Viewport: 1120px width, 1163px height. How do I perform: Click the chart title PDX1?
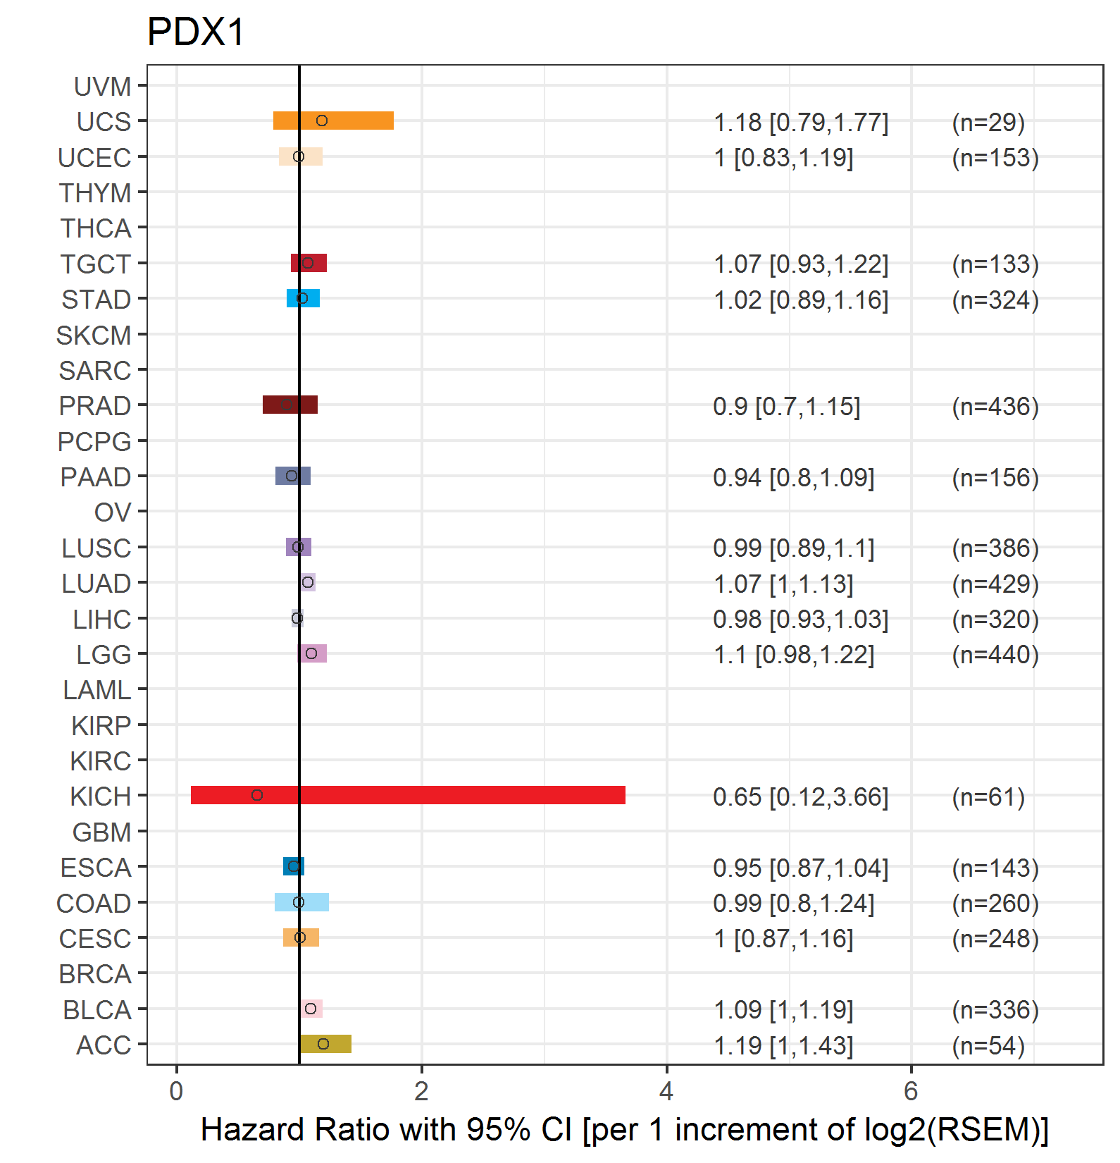pos(196,32)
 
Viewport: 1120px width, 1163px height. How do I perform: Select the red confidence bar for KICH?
pos(408,795)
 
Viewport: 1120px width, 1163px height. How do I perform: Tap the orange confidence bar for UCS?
pos(333,121)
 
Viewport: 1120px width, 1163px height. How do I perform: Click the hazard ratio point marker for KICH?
pos(257,795)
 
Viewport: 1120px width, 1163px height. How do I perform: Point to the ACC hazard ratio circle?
pos(323,1044)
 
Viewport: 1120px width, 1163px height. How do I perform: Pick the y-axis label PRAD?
pos(95,406)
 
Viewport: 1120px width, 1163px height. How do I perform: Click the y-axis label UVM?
pos(103,87)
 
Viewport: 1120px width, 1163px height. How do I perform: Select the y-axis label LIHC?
pos(102,620)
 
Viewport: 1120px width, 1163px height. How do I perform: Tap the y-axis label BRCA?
pos(95,974)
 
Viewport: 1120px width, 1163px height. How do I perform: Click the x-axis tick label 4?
pos(666,1091)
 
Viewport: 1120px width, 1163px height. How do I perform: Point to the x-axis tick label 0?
pos(177,1091)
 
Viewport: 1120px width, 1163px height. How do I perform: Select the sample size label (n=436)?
pos(995,407)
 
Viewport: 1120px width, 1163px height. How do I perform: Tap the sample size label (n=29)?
pos(988,123)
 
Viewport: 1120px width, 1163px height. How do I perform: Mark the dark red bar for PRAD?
pos(290,405)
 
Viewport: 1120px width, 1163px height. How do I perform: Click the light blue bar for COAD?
pos(301,902)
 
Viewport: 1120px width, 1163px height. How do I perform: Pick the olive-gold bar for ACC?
pos(325,1044)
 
